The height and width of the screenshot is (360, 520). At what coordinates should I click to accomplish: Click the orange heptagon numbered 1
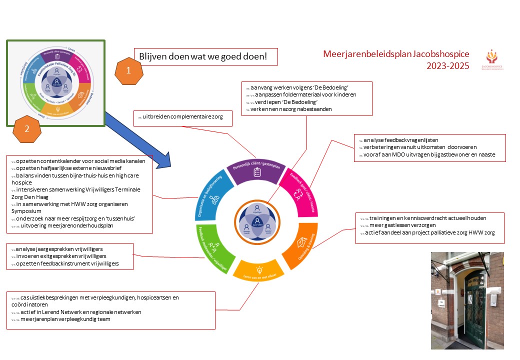tap(128, 71)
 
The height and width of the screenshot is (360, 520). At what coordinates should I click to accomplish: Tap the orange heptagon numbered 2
tap(27, 128)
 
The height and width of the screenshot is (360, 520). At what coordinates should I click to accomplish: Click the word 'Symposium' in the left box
tap(25, 211)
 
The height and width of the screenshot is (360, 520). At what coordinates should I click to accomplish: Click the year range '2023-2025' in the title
tap(448, 65)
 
